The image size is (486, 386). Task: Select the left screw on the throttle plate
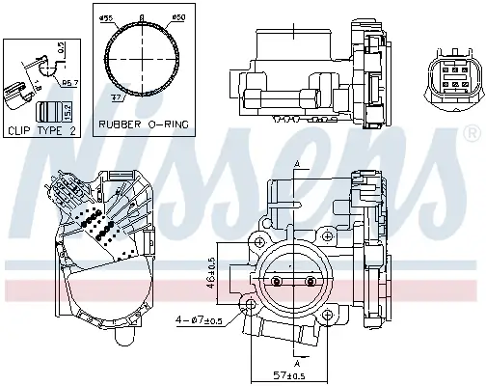(x=278, y=282)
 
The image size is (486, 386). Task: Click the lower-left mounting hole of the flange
(x=253, y=307)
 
